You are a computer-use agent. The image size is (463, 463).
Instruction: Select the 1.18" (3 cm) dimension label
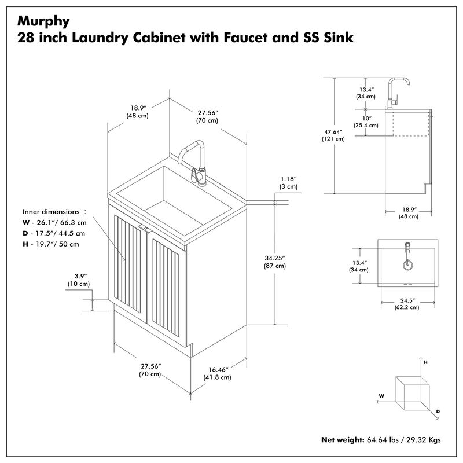pyautogui.click(x=288, y=182)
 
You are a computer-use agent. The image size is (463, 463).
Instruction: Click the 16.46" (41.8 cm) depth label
pyautogui.click(x=219, y=373)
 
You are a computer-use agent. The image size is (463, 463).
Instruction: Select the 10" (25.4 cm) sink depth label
pyautogui.click(x=366, y=122)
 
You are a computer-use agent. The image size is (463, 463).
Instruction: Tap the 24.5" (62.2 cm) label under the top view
pyautogui.click(x=408, y=303)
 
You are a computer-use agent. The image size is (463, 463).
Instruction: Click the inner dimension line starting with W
pyautogui.click(x=54, y=223)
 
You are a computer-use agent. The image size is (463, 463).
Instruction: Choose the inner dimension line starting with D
pyautogui.click(x=54, y=233)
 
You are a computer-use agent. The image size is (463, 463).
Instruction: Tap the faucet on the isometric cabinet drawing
pyautogui.click(x=194, y=160)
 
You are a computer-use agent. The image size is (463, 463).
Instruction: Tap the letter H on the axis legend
pyautogui.click(x=426, y=362)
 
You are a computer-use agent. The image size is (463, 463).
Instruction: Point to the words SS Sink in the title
pyautogui.click(x=327, y=38)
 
